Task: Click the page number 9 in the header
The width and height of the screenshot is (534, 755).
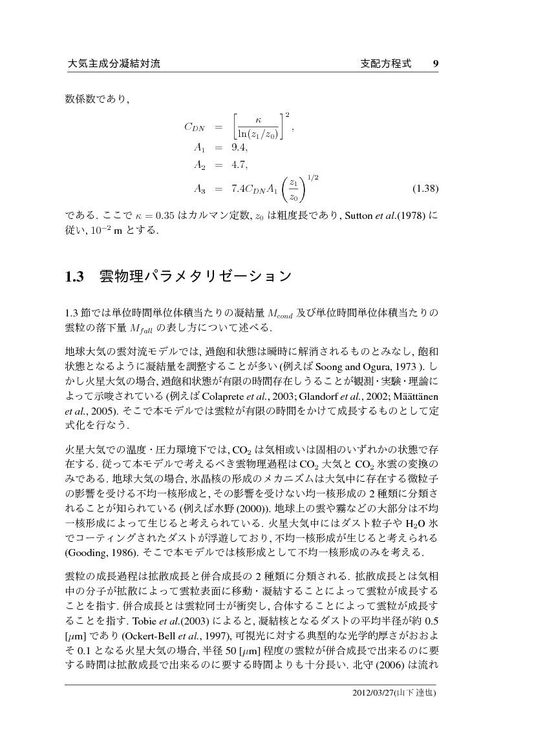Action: [436, 64]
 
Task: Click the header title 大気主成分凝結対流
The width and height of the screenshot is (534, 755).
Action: [113, 64]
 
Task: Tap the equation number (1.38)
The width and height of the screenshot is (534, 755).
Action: [425, 189]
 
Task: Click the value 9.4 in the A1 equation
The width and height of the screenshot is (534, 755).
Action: [239, 147]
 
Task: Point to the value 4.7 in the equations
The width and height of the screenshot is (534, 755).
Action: [239, 165]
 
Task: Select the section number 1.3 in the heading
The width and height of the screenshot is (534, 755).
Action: [76, 278]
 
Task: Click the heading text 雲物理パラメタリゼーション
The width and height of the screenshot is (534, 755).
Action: [195, 278]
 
